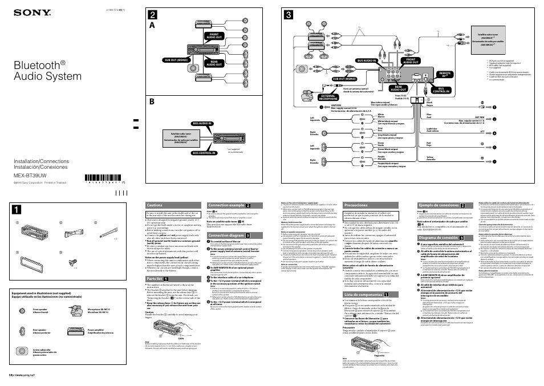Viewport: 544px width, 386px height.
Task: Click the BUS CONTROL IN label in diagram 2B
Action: tap(204, 153)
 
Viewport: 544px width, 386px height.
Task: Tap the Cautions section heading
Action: tap(155, 205)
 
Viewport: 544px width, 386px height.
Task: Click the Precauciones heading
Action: tap(356, 205)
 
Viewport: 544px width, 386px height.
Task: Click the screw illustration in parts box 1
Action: tap(74, 262)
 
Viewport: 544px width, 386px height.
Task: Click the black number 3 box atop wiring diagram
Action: tap(290, 15)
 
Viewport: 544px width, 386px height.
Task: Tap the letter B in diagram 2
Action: tap(152, 103)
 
